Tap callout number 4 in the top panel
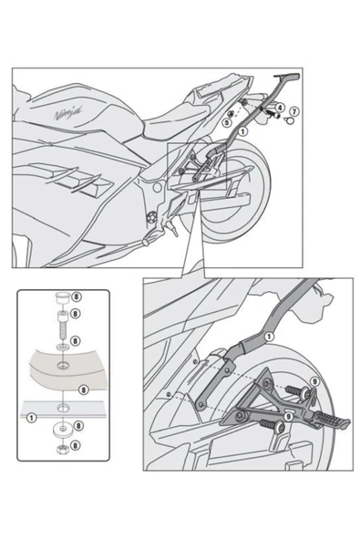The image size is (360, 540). [x=280, y=109]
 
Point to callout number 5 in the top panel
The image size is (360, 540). [x=227, y=120]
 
